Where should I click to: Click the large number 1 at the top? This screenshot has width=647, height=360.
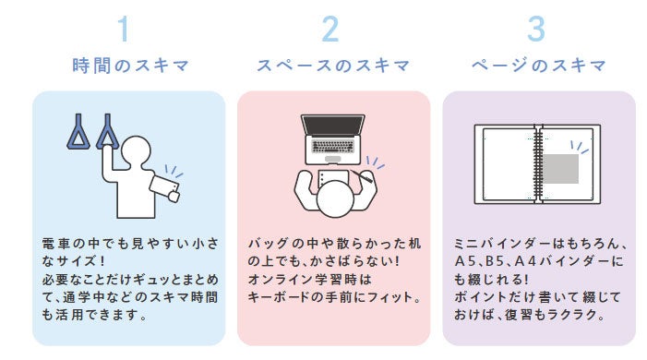pos(124,29)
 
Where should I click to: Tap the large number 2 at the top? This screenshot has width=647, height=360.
pos(330,29)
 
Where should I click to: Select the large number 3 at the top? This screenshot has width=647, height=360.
pos(536,29)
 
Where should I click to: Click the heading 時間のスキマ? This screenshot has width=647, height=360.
pos(130,66)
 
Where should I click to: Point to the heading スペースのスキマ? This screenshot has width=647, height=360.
pos(333,66)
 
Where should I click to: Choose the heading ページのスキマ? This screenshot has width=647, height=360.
pos(538,66)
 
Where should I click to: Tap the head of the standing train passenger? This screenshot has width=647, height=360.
pos(137,151)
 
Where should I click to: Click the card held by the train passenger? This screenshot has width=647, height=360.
pos(164,188)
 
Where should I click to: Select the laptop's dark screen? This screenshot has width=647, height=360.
pos(332,126)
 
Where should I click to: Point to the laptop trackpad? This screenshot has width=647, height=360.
pos(332,159)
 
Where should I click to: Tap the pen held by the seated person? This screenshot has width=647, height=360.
pos(362,176)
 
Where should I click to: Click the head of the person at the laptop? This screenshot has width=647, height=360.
pos(335,199)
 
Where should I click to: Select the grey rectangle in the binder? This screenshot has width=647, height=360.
pos(560,169)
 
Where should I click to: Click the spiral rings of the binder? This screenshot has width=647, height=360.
pos(538,164)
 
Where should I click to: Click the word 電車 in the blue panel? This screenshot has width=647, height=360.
pos(59,243)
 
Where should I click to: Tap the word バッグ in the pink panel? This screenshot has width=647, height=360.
pos(268,243)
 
